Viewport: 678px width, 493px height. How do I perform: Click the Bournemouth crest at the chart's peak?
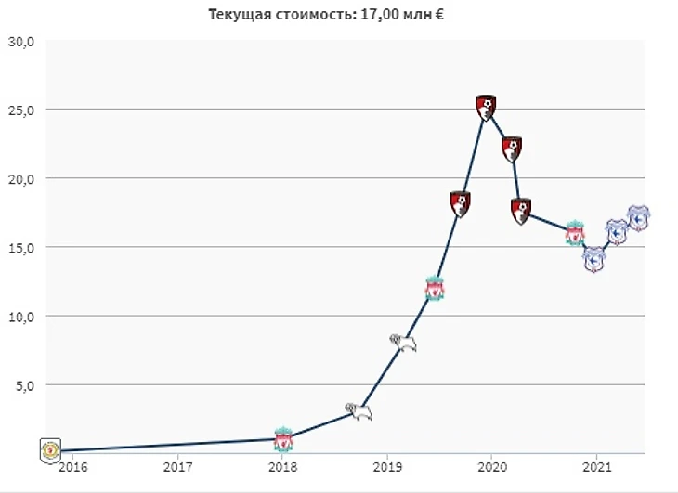coord(486,107)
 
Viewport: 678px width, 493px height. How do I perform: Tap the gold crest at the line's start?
coord(50,450)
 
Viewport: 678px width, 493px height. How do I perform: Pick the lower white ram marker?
coord(359,410)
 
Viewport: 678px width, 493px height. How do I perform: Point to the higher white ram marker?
coord(402,343)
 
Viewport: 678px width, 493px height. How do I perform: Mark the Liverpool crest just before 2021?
coord(575,233)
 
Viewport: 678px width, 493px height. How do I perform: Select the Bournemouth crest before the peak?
coord(460,203)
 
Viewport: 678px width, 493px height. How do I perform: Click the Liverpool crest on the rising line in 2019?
coord(434,289)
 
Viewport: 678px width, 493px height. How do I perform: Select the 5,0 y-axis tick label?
coord(23,384)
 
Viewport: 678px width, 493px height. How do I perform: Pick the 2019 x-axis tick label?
coord(387,467)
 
